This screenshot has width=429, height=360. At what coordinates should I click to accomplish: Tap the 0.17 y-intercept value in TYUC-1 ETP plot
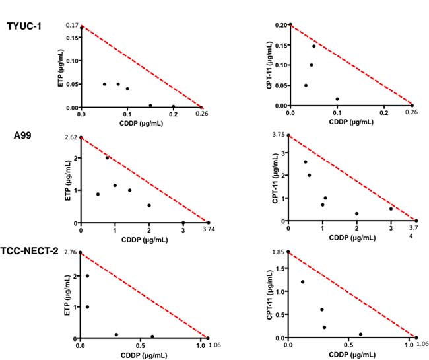click(x=72, y=25)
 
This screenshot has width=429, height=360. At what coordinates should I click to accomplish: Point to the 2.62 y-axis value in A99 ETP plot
click(x=71, y=137)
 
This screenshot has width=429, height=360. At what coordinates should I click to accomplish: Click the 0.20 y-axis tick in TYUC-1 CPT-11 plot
click(x=280, y=25)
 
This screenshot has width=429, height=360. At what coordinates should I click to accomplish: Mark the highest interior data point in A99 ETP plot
click(x=108, y=157)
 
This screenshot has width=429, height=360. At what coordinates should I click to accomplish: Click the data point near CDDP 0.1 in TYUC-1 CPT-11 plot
click(x=337, y=99)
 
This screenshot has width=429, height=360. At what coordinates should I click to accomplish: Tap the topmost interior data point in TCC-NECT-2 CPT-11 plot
click(x=303, y=282)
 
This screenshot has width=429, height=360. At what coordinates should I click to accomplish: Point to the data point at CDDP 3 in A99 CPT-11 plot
click(x=391, y=209)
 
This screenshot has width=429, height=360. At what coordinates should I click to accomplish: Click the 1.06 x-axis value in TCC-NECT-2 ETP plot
click(x=213, y=343)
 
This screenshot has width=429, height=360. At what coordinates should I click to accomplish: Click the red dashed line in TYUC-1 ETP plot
click(x=142, y=67)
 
